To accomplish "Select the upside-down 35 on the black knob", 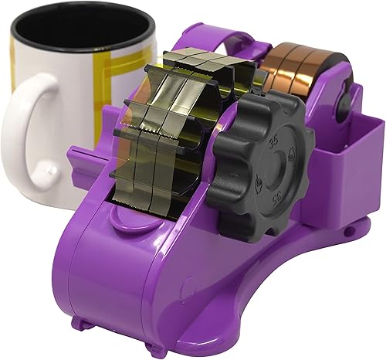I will pyautogui.click(x=276, y=198).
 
